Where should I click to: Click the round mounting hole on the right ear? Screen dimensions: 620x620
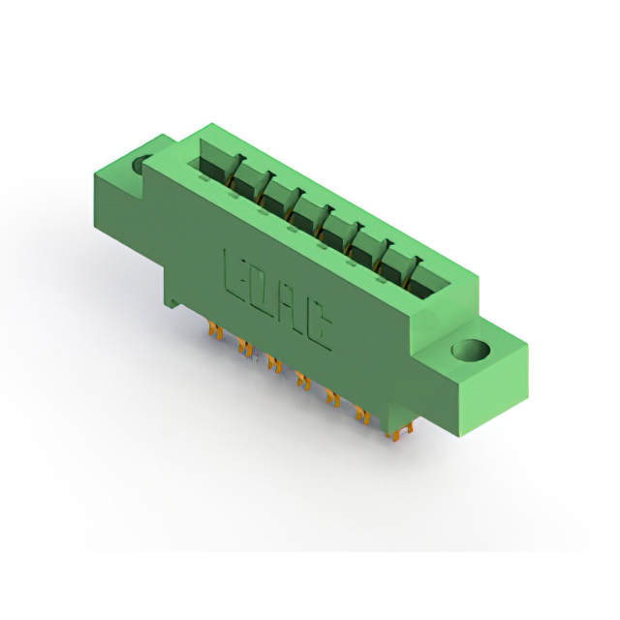pyautogui.click(x=471, y=351)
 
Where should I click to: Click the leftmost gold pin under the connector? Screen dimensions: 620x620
pyautogui.click(x=216, y=330)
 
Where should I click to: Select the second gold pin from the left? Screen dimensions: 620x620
pyautogui.click(x=245, y=349)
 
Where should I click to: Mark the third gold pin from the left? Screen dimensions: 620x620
pyautogui.click(x=273, y=364)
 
